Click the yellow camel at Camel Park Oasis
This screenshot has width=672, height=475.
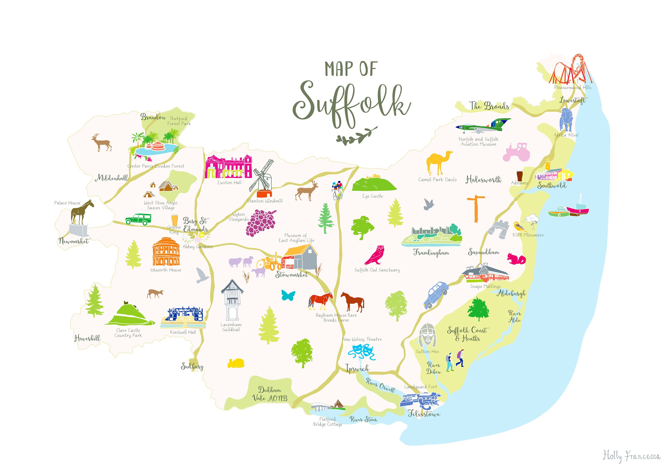click(x=438, y=163)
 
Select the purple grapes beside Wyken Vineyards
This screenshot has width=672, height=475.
click(x=261, y=222)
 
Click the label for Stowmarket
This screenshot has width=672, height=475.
click(x=291, y=275)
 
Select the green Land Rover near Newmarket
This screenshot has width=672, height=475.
click(x=138, y=219)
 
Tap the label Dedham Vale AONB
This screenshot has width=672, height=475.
click(x=269, y=394)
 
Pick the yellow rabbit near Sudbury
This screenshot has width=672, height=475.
click(x=236, y=363)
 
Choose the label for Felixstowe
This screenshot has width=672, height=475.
click(x=424, y=414)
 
